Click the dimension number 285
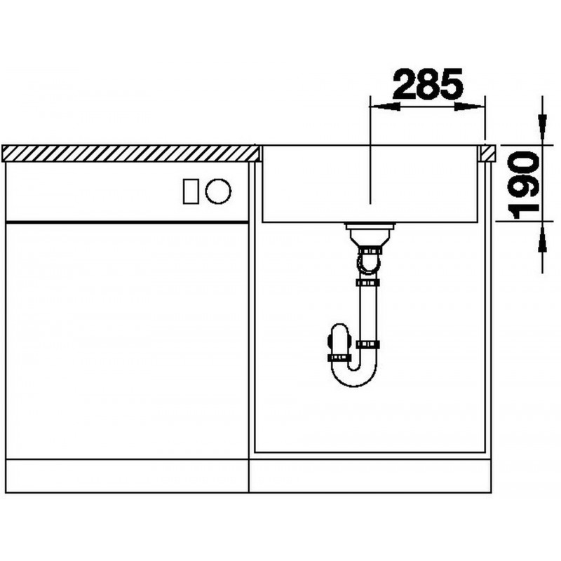pyautogui.click(x=428, y=83)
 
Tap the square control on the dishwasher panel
pyautogui.click(x=191, y=191)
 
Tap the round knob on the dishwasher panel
pyautogui.click(x=218, y=191)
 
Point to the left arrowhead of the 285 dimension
pyautogui.click(x=384, y=107)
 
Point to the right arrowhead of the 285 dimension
pyautogui.click(x=470, y=107)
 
